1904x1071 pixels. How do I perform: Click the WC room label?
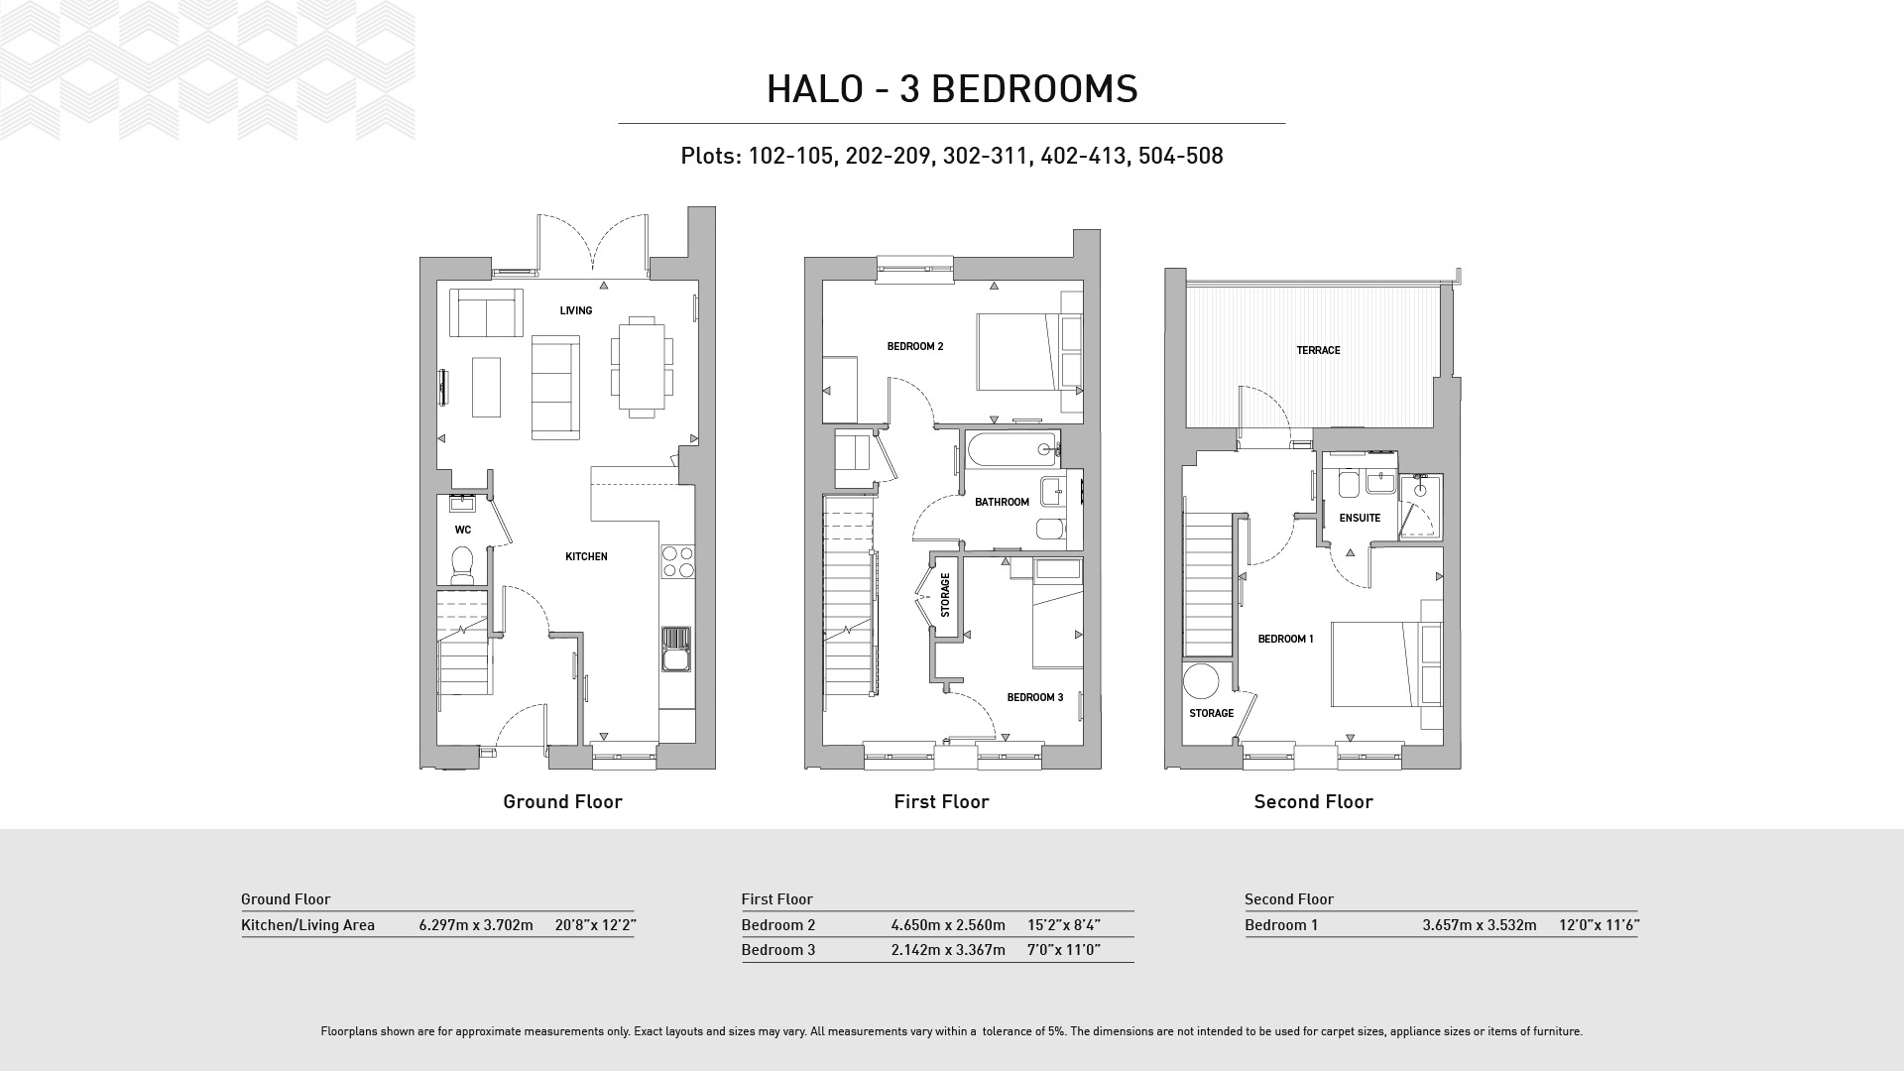463,531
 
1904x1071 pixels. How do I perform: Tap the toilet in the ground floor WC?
463,565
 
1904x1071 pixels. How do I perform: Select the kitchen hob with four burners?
677,561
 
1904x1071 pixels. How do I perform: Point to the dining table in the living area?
642,364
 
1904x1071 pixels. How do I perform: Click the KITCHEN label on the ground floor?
586,557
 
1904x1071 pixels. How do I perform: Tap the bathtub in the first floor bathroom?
1011,450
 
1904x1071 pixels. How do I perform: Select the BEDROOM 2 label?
915,347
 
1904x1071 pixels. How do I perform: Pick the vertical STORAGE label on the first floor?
945,594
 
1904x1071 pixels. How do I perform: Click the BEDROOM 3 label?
1035,698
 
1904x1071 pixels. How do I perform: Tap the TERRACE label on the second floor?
1318,351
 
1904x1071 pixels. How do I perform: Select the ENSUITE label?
1360,519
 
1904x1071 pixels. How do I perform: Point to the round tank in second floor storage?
1201,683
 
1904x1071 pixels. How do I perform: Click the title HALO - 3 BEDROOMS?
952,89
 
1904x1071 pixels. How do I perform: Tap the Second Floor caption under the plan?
1313,802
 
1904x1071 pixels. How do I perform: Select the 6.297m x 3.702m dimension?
476,925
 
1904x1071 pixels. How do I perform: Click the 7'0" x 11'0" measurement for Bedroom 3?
1064,950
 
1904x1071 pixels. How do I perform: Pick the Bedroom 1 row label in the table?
1281,925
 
